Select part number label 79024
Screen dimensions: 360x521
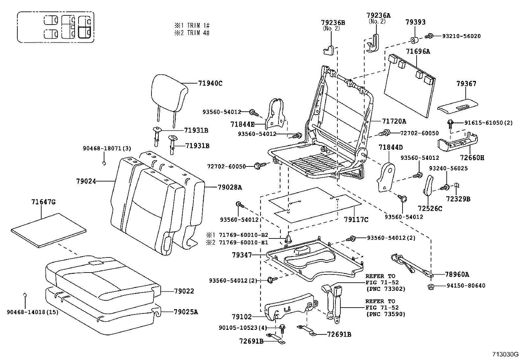point(86,181)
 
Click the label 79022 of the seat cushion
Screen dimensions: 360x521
point(184,291)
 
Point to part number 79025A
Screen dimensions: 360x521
point(186,312)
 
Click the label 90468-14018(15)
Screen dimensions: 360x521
point(32,312)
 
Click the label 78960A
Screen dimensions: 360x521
point(457,275)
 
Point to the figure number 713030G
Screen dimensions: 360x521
point(506,355)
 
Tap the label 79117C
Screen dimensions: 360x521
point(356,220)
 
